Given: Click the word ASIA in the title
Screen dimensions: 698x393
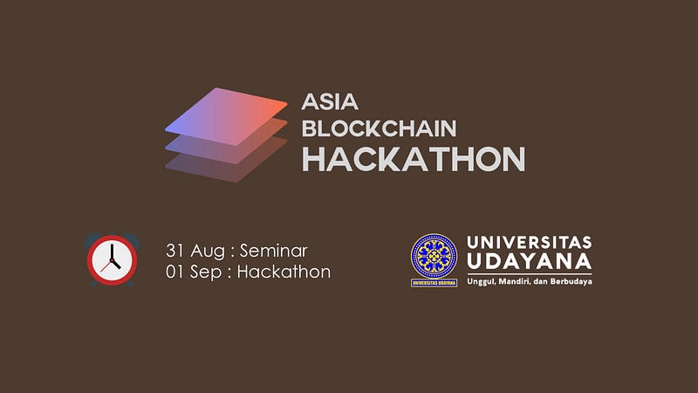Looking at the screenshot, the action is click(x=330, y=102).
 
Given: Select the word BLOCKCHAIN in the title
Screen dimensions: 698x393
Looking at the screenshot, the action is click(x=380, y=128).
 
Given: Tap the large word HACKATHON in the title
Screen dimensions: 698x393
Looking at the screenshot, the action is click(x=414, y=159).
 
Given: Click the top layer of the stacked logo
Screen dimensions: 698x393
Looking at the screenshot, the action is click(x=226, y=116).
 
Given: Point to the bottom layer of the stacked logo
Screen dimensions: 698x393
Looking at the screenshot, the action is click(x=226, y=166).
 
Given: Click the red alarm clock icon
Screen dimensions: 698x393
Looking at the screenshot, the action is click(x=113, y=259).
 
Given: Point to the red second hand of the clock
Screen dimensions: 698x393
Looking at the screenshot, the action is click(x=106, y=266).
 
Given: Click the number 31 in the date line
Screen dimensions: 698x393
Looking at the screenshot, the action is click(x=174, y=251).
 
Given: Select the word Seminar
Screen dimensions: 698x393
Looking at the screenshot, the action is click(x=274, y=251).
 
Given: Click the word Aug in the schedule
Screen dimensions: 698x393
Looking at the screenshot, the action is click(x=208, y=252).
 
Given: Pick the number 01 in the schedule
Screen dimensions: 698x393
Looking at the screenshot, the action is click(x=174, y=272).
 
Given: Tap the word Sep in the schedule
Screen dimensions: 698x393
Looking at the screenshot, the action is click(x=206, y=272).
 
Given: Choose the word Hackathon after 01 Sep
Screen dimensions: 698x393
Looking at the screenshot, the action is click(x=284, y=272).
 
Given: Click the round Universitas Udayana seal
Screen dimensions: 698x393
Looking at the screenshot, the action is click(x=434, y=256).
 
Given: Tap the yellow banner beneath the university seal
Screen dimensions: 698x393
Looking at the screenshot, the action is click(x=434, y=283).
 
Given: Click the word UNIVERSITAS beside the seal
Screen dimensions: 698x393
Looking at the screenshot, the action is click(x=530, y=243).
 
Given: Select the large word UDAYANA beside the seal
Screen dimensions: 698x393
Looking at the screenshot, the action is click(x=530, y=261).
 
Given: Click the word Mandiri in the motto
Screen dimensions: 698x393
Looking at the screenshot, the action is click(x=513, y=281).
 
